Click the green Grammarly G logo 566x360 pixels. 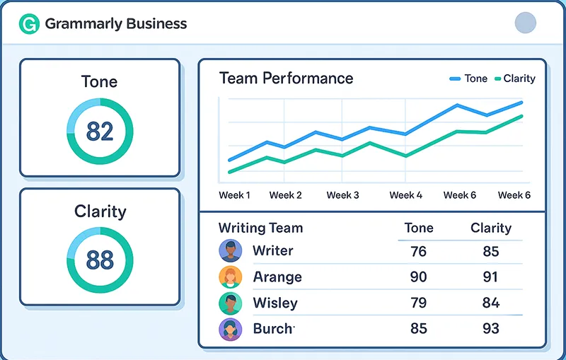click(29, 24)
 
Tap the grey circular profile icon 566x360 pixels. click(525, 23)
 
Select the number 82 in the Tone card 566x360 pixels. click(100, 131)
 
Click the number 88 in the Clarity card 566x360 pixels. click(100, 260)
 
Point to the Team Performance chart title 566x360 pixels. click(286, 78)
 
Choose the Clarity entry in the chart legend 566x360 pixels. click(515, 79)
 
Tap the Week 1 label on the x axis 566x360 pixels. click(234, 195)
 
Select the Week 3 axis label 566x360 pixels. click(342, 195)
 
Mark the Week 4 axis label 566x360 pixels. click(406, 195)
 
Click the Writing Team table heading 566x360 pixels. click(260, 228)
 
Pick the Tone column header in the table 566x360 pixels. click(418, 228)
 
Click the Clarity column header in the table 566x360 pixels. click(490, 228)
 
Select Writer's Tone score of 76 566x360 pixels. click(418, 251)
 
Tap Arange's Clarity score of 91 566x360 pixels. click(490, 277)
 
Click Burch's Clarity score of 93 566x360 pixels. click(490, 328)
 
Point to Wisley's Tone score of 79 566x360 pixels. click(418, 303)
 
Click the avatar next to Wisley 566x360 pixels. click(231, 303)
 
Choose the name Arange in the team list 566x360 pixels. click(277, 277)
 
